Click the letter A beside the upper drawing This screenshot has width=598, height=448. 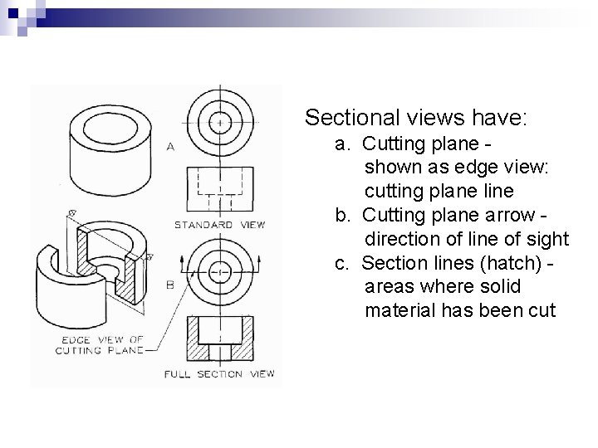pyautogui.click(x=170, y=147)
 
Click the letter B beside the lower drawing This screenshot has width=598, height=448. pyautogui.click(x=170, y=285)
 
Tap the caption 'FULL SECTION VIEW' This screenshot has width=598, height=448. pyautogui.click(x=219, y=374)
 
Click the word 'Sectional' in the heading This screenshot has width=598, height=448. pyautogui.click(x=351, y=117)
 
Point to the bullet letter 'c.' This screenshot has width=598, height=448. pyautogui.click(x=341, y=263)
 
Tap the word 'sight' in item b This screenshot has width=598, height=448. pyautogui.click(x=548, y=240)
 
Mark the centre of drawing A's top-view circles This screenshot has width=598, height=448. pyautogui.click(x=219, y=122)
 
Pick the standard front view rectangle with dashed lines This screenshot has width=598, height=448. pyautogui.click(x=219, y=190)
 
